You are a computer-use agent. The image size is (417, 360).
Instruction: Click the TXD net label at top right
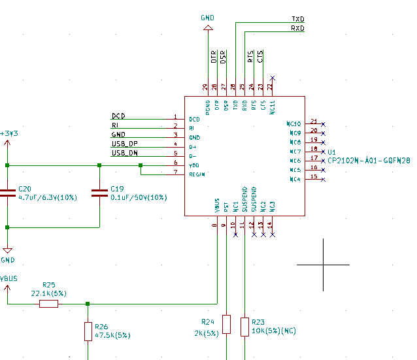tap(297, 20)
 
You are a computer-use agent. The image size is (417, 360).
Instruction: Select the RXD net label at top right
tap(297, 29)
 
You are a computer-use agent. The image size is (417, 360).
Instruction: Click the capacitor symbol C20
tap(7, 193)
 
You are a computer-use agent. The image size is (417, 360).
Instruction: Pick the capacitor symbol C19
tap(99, 193)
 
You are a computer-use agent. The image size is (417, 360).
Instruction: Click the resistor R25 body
tap(49, 304)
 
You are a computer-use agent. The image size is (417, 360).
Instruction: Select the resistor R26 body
tap(88, 331)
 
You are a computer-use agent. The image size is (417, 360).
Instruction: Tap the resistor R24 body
tap(226, 325)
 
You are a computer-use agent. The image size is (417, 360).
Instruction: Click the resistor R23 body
tap(244, 327)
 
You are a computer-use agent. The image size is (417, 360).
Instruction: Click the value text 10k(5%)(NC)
tap(274, 331)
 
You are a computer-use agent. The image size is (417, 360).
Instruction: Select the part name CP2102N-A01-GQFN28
tap(369, 160)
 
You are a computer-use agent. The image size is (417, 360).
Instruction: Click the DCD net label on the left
tap(118, 116)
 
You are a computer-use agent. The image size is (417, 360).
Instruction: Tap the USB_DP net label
tap(124, 144)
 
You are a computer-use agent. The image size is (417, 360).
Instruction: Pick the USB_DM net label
tap(124, 153)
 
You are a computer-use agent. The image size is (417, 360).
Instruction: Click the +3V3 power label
tap(8, 133)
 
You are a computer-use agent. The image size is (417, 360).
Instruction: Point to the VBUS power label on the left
tap(8, 278)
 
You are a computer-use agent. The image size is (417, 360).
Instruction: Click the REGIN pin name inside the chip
tap(197, 174)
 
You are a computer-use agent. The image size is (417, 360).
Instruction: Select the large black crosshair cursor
tap(323, 265)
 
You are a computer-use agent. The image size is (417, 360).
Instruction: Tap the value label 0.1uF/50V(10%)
tap(139, 197)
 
